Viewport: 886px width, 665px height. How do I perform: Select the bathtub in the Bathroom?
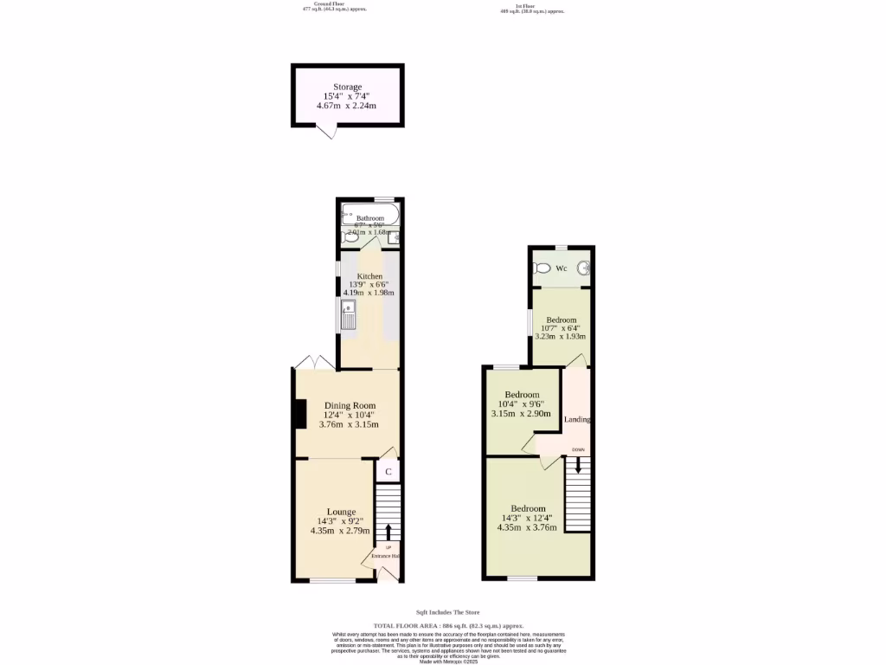tap(369, 210)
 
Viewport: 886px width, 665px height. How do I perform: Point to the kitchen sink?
tap(348, 314)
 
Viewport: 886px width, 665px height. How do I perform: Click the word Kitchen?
tap(369, 276)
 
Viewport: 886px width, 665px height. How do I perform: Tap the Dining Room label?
tap(350, 405)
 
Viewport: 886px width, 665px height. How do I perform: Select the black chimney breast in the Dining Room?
tap(299, 414)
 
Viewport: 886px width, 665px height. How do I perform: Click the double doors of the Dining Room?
tap(315, 362)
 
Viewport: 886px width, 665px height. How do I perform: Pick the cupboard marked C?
tap(388, 472)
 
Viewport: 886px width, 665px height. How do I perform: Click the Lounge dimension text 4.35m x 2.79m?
tap(340, 531)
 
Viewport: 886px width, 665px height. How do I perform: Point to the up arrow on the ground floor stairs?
tap(388, 531)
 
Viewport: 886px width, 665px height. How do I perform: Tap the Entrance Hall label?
tap(385, 555)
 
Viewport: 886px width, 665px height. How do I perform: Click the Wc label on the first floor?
tap(561, 268)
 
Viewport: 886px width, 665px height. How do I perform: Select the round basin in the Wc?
tap(585, 268)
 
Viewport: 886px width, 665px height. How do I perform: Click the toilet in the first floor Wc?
tap(543, 268)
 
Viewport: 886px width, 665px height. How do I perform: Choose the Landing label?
tap(577, 419)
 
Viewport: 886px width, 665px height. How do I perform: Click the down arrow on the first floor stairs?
tap(578, 464)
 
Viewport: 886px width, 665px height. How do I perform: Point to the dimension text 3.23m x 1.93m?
tap(560, 337)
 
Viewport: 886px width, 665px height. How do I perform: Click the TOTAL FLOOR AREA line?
tap(447, 625)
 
